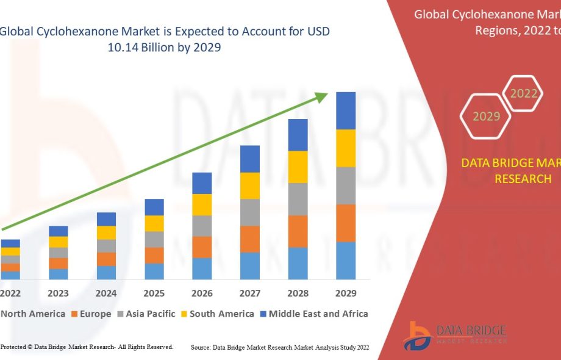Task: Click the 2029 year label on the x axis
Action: point(346,293)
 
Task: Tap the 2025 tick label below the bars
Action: point(154,293)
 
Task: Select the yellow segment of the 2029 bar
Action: point(346,148)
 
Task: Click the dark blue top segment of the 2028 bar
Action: point(298,135)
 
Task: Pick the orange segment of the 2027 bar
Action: point(250,239)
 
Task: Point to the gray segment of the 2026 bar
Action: point(202,226)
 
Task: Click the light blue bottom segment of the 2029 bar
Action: point(346,261)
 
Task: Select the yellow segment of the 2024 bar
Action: point(106,232)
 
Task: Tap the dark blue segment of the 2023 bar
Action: point(59,231)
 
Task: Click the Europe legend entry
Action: point(91,314)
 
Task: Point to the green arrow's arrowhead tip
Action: point(327,93)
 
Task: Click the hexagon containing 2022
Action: point(523,93)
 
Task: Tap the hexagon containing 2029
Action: point(486,116)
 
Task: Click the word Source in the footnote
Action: point(201,347)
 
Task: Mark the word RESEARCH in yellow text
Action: point(523,179)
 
